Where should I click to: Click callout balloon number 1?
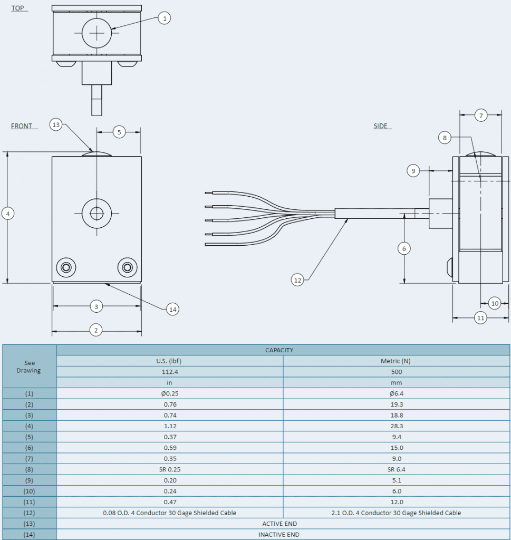(x=164, y=18)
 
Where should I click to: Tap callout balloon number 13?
(x=56, y=124)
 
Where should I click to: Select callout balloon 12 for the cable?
(x=297, y=280)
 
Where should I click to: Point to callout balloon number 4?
(x=7, y=214)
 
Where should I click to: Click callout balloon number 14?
(x=172, y=309)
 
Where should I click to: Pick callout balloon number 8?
(x=445, y=138)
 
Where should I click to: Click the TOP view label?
(x=17, y=8)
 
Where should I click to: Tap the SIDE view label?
(x=380, y=126)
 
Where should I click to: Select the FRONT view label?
(x=22, y=126)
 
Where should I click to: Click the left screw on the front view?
(x=66, y=267)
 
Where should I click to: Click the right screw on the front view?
(x=127, y=267)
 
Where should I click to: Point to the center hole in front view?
(x=97, y=213)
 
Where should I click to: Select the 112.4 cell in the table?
(x=169, y=372)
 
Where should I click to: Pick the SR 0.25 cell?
(x=169, y=469)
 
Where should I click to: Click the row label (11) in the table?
(x=29, y=502)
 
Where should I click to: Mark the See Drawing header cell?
(x=29, y=366)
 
